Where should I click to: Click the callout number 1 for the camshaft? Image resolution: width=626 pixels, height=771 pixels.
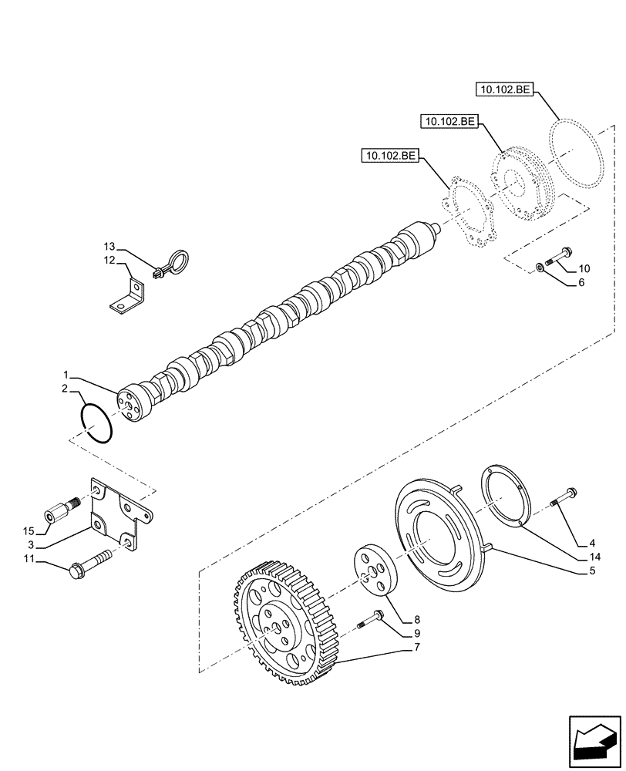[66, 375]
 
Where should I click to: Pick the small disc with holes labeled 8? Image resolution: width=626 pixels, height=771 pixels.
[373, 571]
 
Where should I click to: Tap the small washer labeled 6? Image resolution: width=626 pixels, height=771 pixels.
[540, 267]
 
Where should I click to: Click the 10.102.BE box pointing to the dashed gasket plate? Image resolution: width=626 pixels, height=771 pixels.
[389, 157]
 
